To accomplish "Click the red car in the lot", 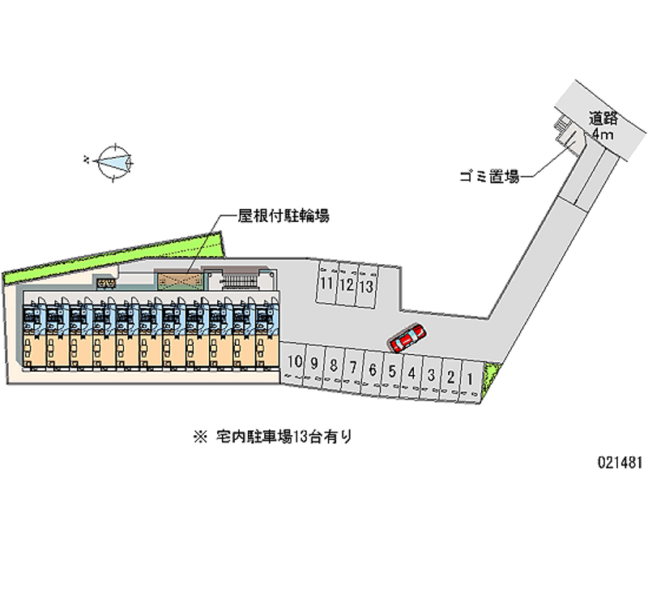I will [x=407, y=338].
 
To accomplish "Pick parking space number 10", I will [x=295, y=363].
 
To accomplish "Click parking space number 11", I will [x=326, y=284].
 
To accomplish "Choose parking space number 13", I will [x=366, y=285].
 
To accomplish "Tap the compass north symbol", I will [x=113, y=161].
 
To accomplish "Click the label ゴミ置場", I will [x=485, y=174].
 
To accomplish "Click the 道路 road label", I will [x=605, y=117].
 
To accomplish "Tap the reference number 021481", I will [x=620, y=462].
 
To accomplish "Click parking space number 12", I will [x=346, y=284].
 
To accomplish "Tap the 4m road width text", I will [x=602, y=134].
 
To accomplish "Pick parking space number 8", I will [x=333, y=365].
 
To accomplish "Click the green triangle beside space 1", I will [x=491, y=379].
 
